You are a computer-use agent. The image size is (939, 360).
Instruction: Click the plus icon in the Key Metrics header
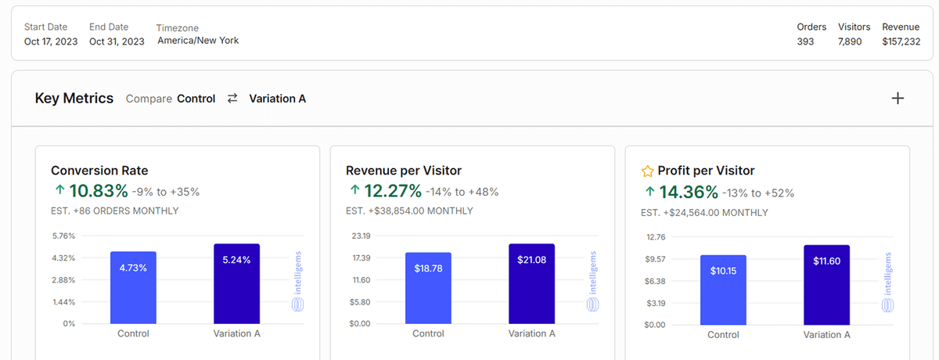[x=898, y=99]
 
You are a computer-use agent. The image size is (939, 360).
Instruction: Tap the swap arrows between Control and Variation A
[x=232, y=99]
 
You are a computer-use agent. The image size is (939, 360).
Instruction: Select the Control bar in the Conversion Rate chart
[x=133, y=287]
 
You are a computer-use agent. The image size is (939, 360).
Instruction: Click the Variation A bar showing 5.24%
[x=236, y=283]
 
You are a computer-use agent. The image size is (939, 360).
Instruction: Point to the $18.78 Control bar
[x=428, y=288]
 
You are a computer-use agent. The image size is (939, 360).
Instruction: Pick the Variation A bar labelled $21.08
[x=531, y=283]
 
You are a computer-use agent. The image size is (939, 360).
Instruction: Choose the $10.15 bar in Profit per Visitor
[x=723, y=289]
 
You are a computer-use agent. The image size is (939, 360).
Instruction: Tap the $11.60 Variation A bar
[x=826, y=284]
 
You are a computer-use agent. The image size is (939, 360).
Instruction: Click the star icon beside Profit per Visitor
[x=647, y=171]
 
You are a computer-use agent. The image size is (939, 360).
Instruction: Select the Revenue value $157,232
[x=901, y=41]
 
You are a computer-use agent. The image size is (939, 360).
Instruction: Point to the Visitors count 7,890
[x=850, y=41]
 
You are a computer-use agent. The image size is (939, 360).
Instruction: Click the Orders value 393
[x=805, y=41]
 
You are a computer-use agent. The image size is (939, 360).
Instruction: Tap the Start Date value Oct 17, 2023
[x=51, y=41]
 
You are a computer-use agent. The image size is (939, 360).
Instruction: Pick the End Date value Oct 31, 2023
[x=117, y=41]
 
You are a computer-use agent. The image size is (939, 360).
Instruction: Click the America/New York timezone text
[x=198, y=41]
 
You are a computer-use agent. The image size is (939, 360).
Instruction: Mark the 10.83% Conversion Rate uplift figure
[x=98, y=191]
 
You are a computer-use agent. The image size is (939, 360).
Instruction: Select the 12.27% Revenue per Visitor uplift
[x=393, y=191]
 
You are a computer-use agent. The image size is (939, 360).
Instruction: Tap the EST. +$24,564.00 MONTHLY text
[x=704, y=213]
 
